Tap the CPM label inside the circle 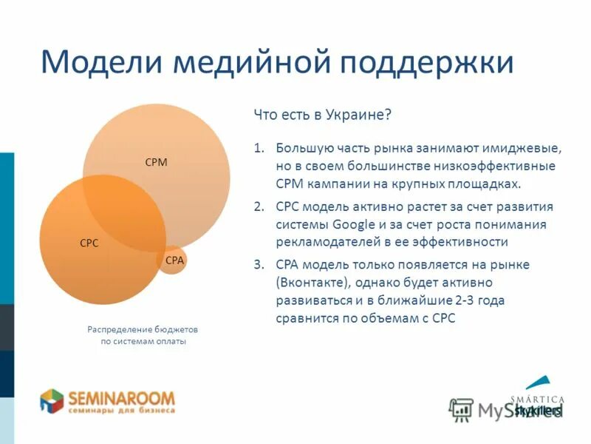click(156, 162)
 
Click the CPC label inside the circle click(89, 242)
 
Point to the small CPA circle click(174, 260)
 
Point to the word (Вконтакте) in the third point click(315, 283)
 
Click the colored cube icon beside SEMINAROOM click(52, 401)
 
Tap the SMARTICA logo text click(538, 400)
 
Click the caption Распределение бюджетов click(143, 329)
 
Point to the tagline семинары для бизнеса click(122, 409)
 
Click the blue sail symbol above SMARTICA click(541, 383)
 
